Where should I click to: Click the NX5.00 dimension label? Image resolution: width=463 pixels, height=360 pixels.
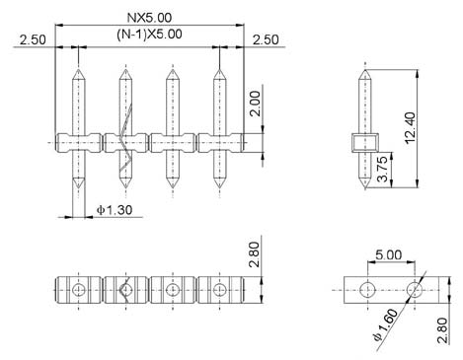[x=149, y=18]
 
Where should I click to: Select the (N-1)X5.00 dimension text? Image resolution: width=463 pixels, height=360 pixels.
[x=149, y=35]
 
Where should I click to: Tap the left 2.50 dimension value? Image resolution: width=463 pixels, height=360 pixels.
[x=33, y=39]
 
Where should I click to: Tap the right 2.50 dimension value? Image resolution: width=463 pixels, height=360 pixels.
[x=266, y=39]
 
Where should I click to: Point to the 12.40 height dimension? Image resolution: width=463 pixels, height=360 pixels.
[x=411, y=128]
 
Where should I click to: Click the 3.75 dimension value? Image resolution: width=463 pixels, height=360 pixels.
[x=382, y=169]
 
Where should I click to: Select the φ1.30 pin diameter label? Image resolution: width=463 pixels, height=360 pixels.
[x=115, y=210]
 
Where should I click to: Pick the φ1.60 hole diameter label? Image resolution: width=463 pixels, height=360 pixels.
[x=386, y=325]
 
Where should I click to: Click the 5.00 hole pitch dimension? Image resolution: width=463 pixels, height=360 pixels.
[x=389, y=254]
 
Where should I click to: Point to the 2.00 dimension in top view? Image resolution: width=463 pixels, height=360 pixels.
[x=255, y=104]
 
